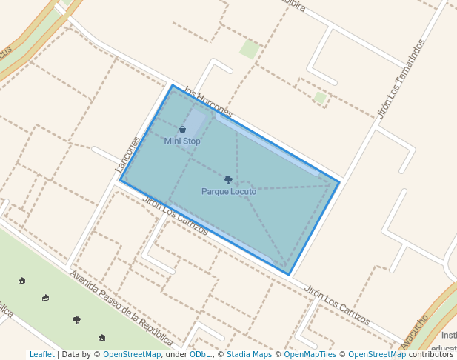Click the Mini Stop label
182,141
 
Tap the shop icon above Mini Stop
182,130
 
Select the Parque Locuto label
229,191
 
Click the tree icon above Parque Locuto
228,180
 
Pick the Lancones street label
127,155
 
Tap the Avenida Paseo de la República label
121,308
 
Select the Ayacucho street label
414,331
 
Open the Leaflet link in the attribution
41,355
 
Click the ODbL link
200,355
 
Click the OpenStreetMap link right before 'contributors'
376,355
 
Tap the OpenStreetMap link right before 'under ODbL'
132,355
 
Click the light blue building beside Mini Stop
194,122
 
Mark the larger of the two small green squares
249,50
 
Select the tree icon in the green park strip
77,320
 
